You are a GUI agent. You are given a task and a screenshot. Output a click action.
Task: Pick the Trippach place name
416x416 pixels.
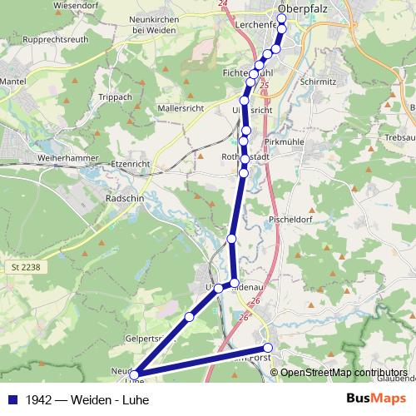click(116, 97)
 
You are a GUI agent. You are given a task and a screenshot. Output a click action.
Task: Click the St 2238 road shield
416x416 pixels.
click(27, 265)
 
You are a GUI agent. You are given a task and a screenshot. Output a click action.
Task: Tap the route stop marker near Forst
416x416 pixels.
click(268, 348)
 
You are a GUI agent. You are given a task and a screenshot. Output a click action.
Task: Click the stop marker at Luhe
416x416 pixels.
click(135, 376)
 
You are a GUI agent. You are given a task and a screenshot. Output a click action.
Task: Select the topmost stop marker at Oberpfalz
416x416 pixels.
click(282, 18)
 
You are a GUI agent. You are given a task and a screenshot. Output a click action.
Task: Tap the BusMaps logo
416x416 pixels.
click(376, 399)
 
